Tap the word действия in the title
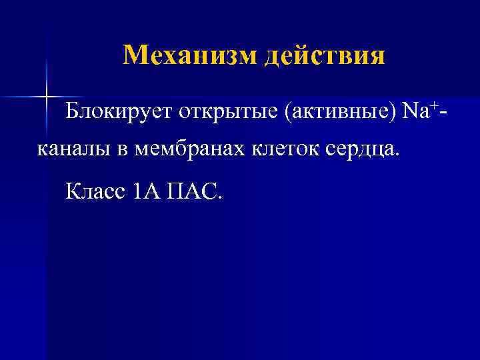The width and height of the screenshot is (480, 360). tap(325, 56)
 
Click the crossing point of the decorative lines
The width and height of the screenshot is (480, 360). tap(47, 96)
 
